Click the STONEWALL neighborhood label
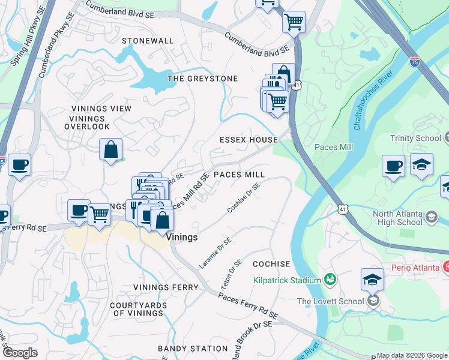click(148, 41)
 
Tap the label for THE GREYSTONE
click(202, 79)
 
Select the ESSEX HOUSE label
click(249, 140)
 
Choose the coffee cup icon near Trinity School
click(394, 166)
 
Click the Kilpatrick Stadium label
click(287, 280)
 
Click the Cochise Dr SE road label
click(243, 198)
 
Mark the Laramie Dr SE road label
click(215, 253)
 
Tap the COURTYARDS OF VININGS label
click(139, 309)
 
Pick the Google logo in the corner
click(19, 353)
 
